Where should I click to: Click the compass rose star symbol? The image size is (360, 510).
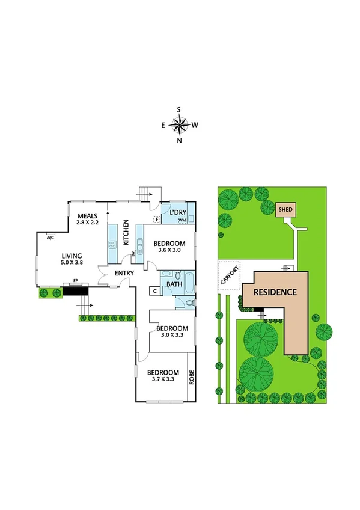tap(179, 125)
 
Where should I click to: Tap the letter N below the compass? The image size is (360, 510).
tap(179, 141)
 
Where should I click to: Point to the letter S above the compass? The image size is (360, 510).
tap(179, 109)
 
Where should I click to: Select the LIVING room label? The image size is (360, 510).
tap(72, 254)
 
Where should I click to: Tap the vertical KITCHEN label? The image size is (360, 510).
tap(126, 233)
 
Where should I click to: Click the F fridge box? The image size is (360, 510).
tap(156, 220)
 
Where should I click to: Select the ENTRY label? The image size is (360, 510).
tap(124, 274)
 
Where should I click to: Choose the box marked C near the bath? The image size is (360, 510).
tap(155, 291)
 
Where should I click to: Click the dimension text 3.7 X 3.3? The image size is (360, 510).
tap(163, 380)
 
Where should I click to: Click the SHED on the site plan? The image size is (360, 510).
tap(284, 210)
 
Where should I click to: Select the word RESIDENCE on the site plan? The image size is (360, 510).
tap(275, 293)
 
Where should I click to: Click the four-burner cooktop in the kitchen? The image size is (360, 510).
tap(112, 244)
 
